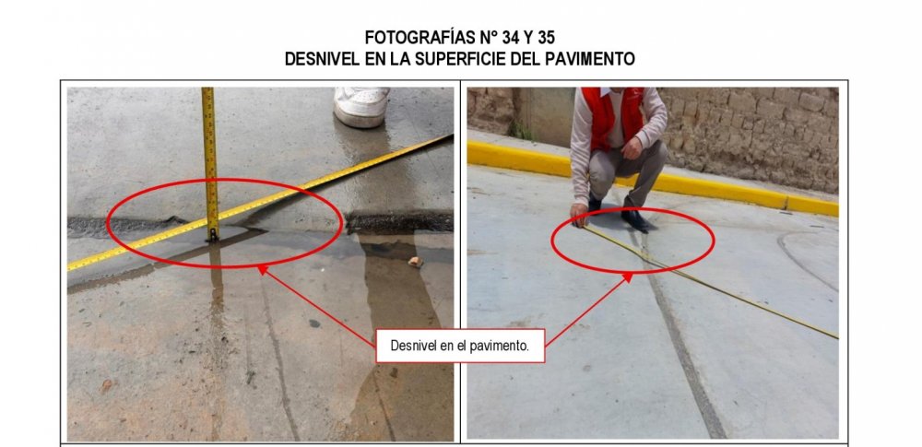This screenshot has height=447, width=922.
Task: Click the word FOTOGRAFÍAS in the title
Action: pos(412,38)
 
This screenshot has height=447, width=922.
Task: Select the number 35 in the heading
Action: pos(550,38)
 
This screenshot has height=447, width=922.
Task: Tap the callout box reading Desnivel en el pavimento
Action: pos(460,346)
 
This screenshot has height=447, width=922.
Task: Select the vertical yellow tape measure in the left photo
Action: pos(209,147)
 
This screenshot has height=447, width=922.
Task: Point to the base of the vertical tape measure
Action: pos(212,235)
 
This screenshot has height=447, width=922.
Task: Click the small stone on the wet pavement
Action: pos(416,262)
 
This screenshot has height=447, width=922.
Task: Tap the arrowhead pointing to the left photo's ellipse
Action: pos(261,268)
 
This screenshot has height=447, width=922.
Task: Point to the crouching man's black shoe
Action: pos(634,218)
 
